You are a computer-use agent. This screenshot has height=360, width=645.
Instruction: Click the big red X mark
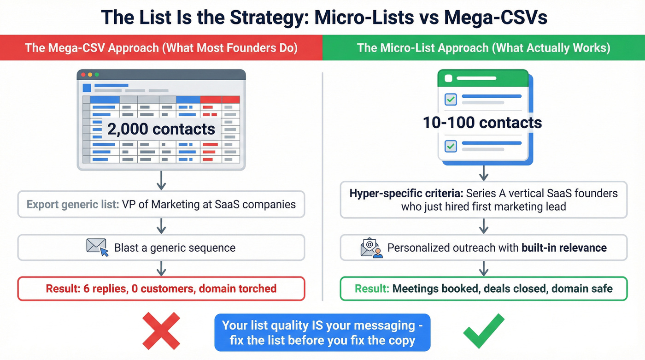tap(160, 330)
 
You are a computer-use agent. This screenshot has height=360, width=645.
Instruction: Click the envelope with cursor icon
tap(97, 248)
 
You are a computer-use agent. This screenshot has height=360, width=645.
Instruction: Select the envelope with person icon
tap(371, 248)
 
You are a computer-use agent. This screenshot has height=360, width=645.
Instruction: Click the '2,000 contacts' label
tap(161, 129)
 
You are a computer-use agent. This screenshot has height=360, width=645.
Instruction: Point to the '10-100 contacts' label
tap(482, 123)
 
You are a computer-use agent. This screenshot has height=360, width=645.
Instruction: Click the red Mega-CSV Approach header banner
tap(161, 47)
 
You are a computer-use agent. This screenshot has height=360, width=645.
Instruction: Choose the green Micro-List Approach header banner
tap(483, 47)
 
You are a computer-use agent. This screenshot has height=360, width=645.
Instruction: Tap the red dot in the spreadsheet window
tap(83, 75)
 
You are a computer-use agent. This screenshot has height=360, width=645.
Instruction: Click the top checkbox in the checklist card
tap(450, 99)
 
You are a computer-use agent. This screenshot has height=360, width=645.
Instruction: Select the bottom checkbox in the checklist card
tap(450, 146)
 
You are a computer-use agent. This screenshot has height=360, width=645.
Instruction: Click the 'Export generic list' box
tap(161, 204)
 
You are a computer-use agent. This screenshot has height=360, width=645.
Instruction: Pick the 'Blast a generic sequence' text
tap(175, 248)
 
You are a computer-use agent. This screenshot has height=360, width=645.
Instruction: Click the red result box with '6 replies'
tap(161, 289)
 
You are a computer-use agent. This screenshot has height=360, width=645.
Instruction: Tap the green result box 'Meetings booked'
tap(483, 289)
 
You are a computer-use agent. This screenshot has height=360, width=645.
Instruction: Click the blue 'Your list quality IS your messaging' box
tap(322, 333)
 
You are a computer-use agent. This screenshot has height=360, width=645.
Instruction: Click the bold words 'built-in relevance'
tap(564, 248)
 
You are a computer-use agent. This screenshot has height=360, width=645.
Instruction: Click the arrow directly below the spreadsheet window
tap(161, 181)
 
